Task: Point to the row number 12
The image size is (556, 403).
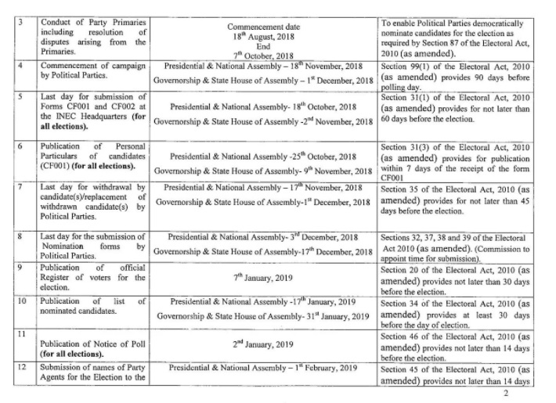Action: click(x=26, y=368)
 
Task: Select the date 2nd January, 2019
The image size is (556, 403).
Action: click(x=262, y=344)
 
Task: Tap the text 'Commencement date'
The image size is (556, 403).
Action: click(x=262, y=26)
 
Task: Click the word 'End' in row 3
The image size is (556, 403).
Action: click(x=263, y=45)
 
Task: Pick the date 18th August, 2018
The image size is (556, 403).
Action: click(x=262, y=36)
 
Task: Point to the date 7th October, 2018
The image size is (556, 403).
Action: click(x=262, y=56)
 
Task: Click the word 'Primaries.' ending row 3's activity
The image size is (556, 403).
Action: click(x=62, y=56)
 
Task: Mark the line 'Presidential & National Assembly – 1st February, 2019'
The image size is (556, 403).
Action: click(x=263, y=368)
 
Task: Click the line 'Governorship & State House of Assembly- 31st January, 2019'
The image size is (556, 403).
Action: click(x=262, y=316)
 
